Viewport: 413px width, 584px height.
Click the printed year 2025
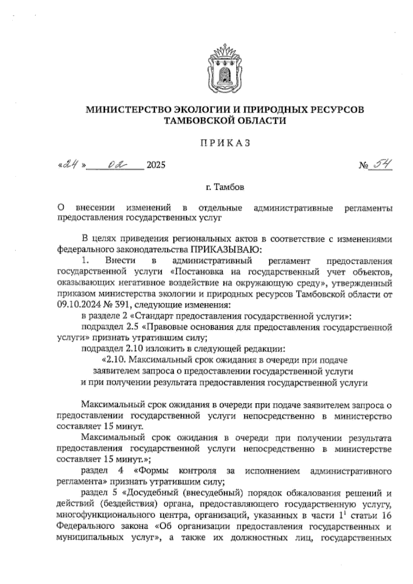point(156,165)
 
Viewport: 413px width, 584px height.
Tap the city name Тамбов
point(230,188)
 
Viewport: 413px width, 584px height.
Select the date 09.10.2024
point(75,305)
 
